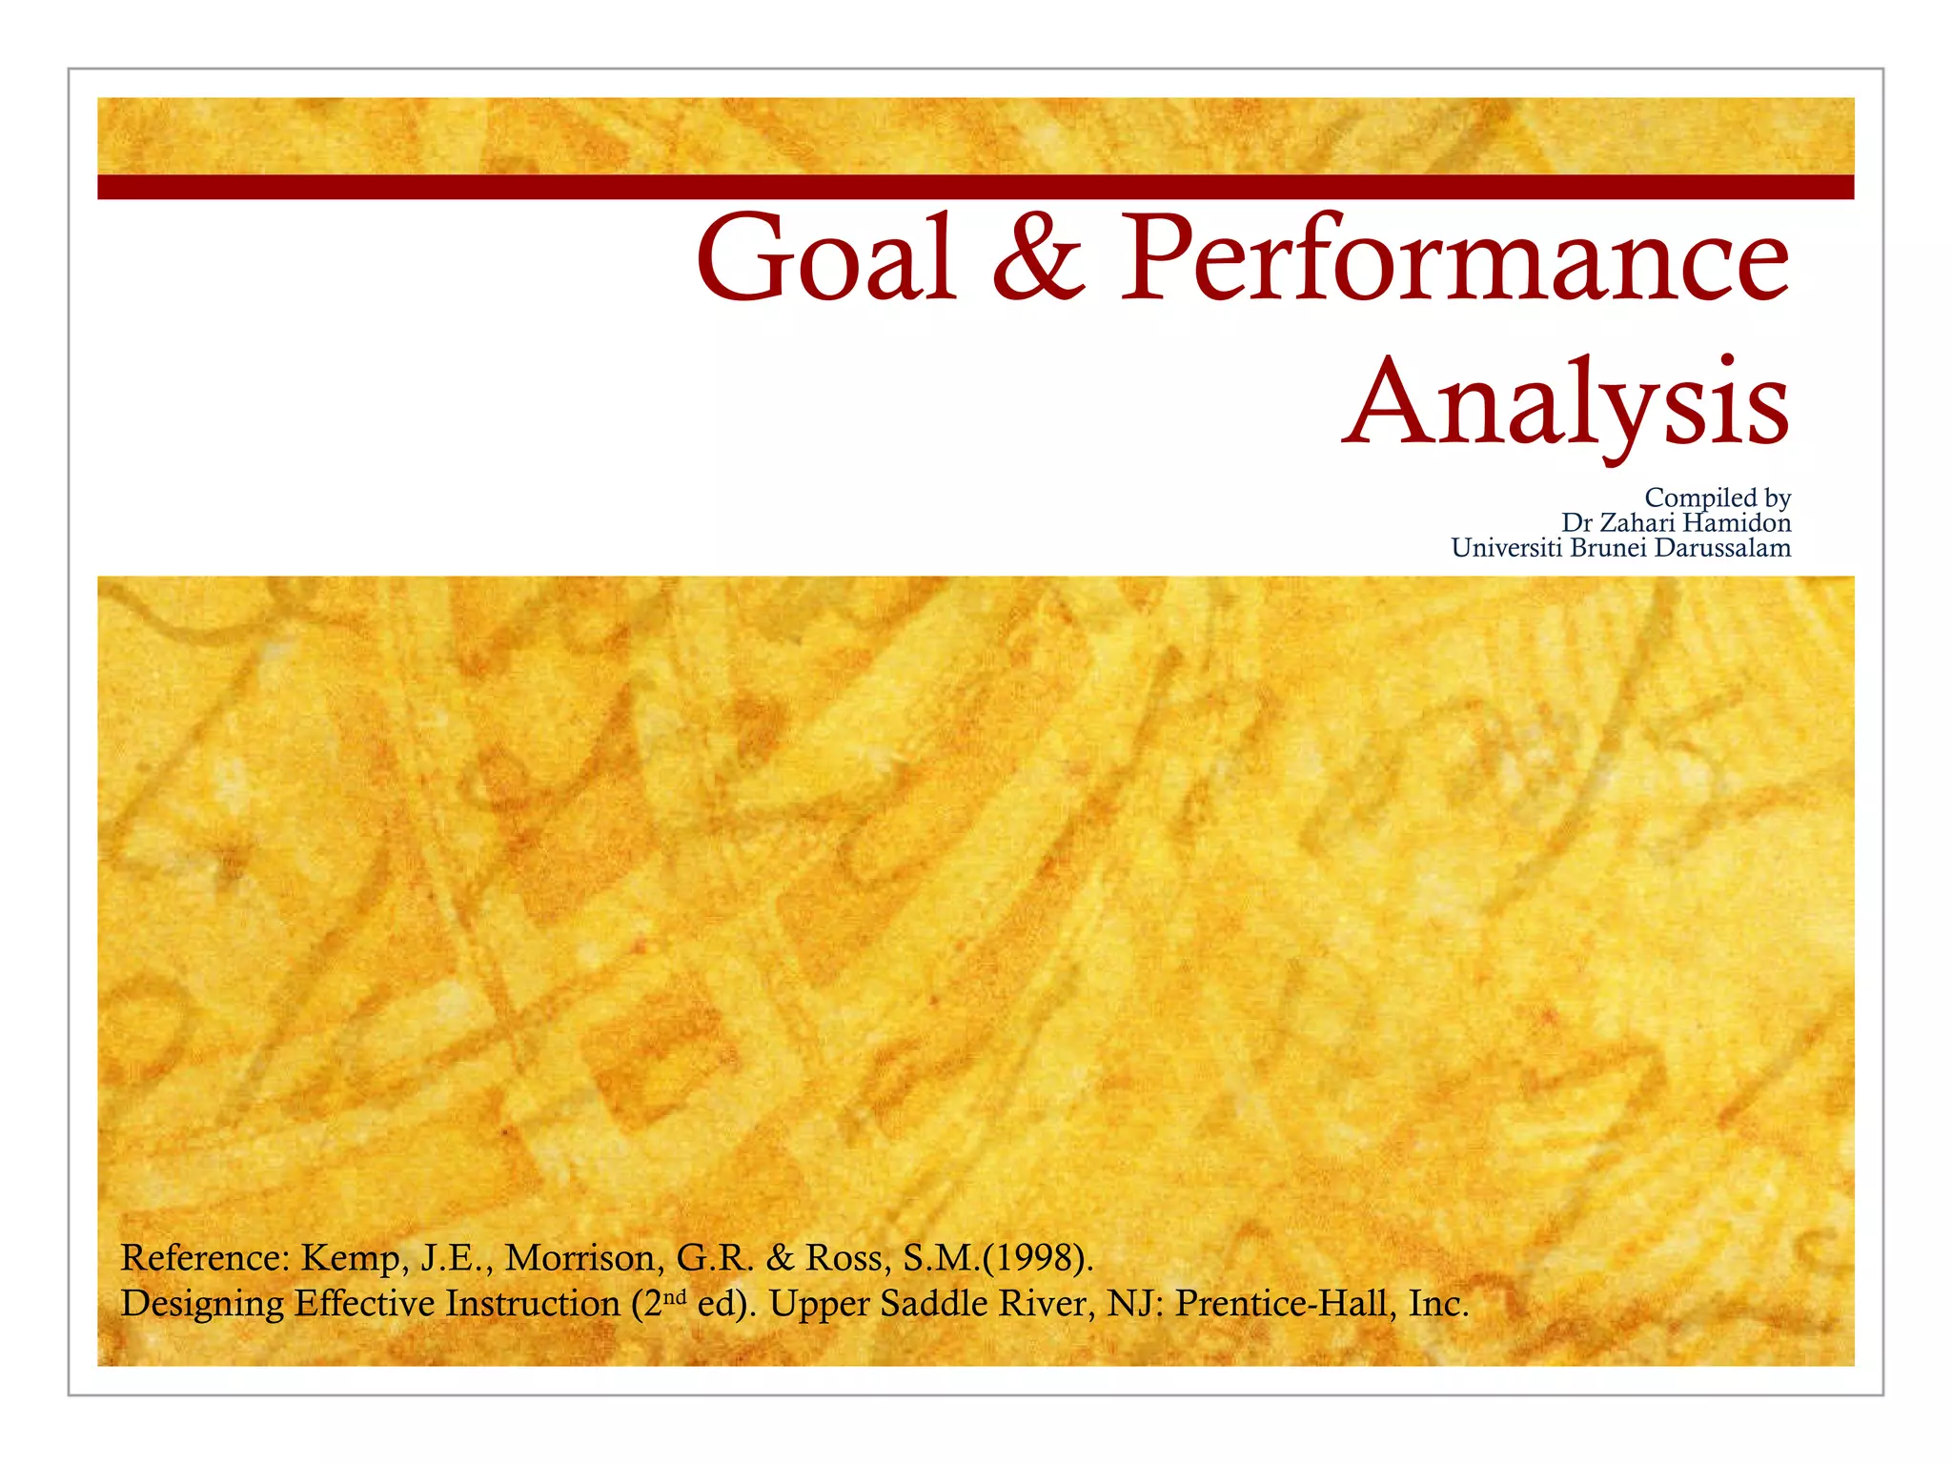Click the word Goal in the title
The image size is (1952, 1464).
tap(826, 257)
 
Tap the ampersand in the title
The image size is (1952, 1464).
tap(1038, 257)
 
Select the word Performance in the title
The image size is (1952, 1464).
tap(1454, 257)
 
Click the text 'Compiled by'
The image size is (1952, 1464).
tap(1718, 498)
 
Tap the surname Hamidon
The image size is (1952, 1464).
tap(1737, 522)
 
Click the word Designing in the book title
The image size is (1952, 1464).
tap(202, 1304)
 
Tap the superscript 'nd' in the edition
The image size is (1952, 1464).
tap(675, 1296)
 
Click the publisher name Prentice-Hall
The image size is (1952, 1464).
tap(1278, 1304)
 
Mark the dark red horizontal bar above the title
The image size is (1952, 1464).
tap(976, 187)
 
